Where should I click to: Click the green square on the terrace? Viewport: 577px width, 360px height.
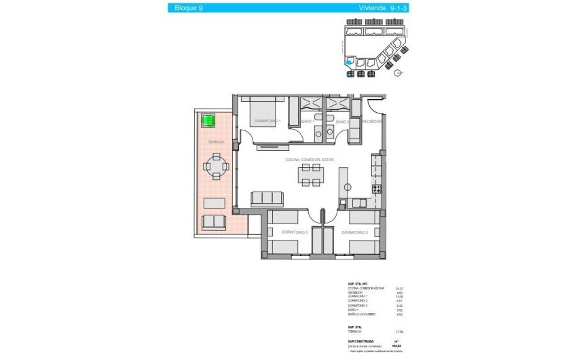[x=208, y=121]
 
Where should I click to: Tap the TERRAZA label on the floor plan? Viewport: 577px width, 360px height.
[x=217, y=142]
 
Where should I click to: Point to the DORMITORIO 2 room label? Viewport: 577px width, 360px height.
[x=355, y=232]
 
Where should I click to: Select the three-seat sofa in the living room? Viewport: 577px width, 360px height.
[x=267, y=198]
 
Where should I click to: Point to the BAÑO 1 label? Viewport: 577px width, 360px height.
[x=306, y=122]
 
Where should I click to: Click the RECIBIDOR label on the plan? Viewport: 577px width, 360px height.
[x=372, y=122]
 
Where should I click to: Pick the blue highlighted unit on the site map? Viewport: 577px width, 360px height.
[x=350, y=62]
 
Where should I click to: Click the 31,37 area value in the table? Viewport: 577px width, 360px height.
[x=390, y=288]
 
